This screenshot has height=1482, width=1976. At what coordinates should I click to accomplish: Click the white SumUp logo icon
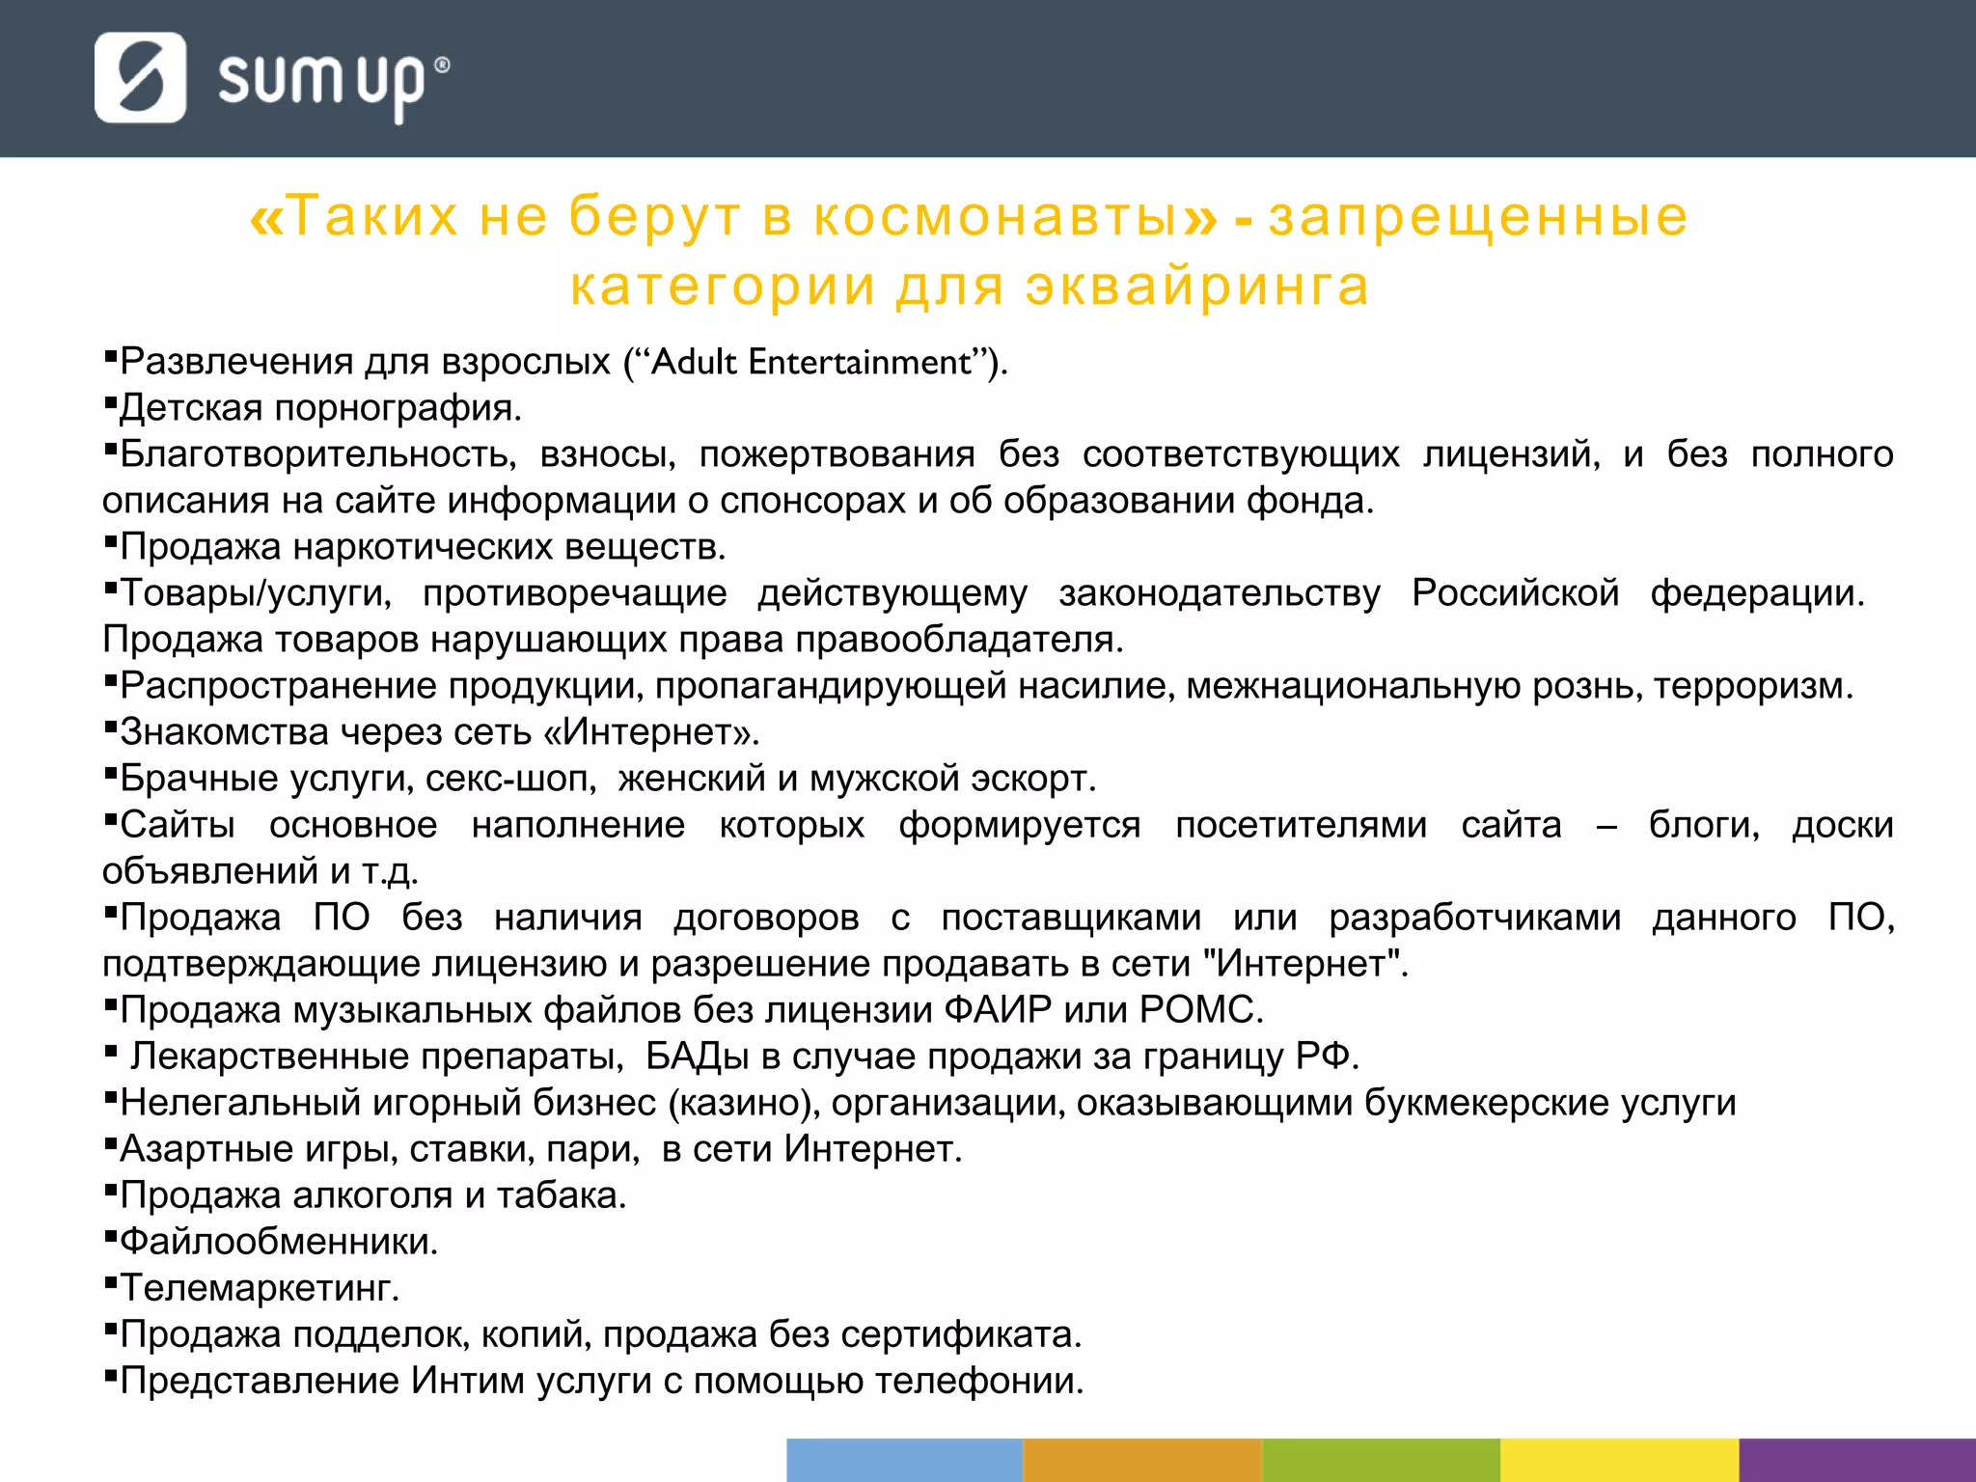140,77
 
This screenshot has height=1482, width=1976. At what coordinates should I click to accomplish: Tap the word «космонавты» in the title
996,215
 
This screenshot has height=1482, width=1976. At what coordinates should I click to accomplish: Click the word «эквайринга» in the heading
1196,286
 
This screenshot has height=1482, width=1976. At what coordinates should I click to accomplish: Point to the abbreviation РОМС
1200,1010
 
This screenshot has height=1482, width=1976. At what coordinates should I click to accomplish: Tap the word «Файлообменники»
278,1242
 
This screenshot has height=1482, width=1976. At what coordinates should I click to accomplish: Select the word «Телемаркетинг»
259,1288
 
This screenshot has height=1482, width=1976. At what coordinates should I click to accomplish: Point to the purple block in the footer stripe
1856,1460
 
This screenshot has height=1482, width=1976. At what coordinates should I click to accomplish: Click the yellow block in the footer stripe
1619,1460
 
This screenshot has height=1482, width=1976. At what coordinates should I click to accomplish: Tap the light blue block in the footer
904,1460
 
